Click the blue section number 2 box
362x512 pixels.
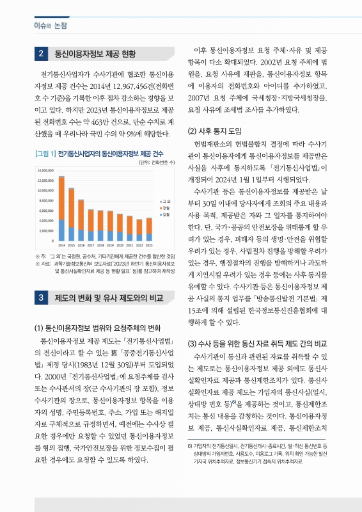41,53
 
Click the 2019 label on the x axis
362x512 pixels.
110,244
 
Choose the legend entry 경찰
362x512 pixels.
165,208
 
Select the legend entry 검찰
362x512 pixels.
165,215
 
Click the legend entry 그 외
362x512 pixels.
165,201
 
